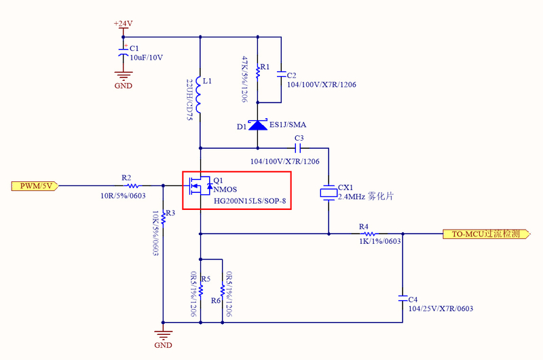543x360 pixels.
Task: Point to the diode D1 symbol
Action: point(258,125)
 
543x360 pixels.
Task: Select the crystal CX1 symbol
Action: point(329,193)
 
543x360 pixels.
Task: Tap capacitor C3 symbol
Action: point(299,147)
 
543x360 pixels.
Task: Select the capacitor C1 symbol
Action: point(123,50)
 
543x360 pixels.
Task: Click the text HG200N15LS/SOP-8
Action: point(250,201)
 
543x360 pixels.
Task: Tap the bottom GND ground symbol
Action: point(163,334)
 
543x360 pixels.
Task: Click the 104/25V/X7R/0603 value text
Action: point(441,308)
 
